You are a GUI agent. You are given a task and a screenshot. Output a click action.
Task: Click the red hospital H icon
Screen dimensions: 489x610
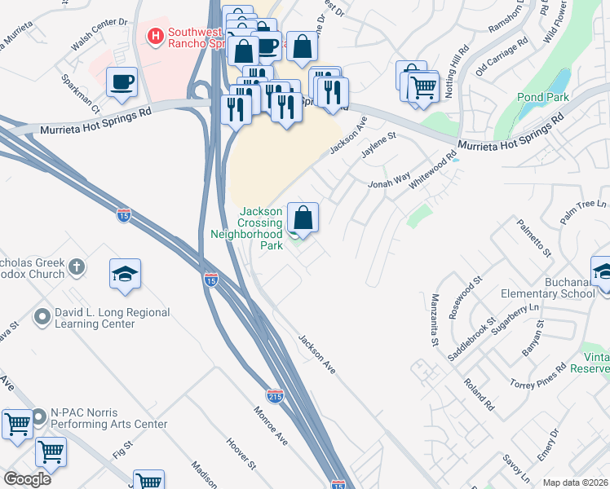(154, 36)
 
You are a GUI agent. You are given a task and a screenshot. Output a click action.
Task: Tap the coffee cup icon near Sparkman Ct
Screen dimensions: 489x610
(122, 81)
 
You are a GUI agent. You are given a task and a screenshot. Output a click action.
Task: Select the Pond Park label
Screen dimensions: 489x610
(541, 97)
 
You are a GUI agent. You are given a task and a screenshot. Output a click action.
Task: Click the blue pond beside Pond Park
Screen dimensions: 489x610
(560, 81)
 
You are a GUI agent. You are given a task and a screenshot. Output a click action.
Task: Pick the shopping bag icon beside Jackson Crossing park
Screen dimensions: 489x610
(303, 218)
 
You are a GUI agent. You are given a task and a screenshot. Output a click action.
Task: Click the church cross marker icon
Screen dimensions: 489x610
(76, 267)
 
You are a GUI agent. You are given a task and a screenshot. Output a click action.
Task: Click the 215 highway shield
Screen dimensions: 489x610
(276, 395)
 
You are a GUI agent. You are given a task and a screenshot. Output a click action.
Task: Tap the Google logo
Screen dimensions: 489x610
(27, 478)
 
